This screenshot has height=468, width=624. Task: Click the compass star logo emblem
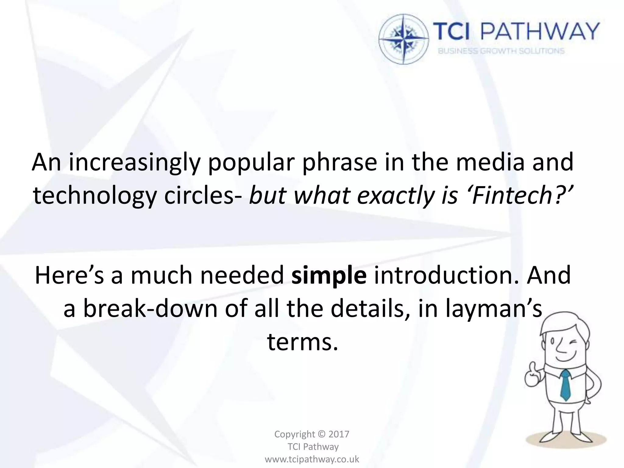coord(404,39)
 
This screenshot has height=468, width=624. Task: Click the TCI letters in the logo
coord(451,32)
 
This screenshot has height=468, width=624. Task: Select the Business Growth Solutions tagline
coord(501,51)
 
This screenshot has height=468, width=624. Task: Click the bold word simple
coord(329,275)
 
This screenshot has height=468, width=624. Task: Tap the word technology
coord(94,196)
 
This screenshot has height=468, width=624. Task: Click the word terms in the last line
coord(303,342)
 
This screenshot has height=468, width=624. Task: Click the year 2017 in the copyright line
coord(339,434)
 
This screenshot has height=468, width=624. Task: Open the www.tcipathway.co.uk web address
coord(312,459)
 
